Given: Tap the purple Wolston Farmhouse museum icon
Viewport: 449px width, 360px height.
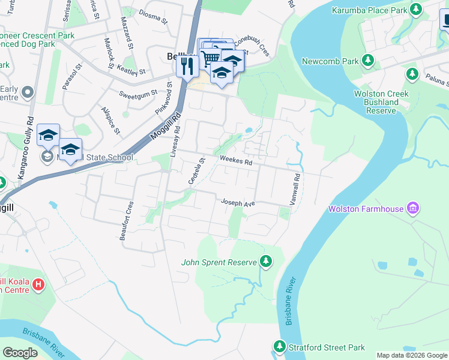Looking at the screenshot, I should coord(412,209).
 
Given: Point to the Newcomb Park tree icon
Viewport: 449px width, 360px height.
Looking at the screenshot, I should coord(369,61).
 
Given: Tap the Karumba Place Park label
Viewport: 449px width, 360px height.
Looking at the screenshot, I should coord(367,10).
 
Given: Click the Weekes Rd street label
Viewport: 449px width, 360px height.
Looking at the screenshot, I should coord(236,160).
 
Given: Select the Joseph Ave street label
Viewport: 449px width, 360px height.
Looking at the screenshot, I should coord(239,203).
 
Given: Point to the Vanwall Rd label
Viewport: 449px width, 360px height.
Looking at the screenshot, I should coord(295,190).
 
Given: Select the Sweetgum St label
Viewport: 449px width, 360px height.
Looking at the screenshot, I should coord(137,94).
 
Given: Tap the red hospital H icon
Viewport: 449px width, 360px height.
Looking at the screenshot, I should coord(38,284).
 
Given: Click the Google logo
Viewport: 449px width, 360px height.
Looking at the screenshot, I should coord(20,352).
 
